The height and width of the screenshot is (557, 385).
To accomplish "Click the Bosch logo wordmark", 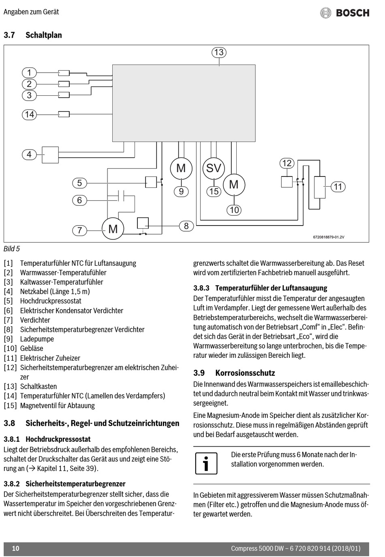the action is pos(353,13).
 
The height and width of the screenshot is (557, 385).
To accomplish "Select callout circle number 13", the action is pos(219,52).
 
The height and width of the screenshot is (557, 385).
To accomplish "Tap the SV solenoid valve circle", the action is pos(214,168).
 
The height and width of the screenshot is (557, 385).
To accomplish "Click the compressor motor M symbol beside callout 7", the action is pos(113,228).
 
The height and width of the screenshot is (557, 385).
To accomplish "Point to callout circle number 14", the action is pos(29,114).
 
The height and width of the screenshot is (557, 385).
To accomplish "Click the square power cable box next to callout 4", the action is pos(50,155).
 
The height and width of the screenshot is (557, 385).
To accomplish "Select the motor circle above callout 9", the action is pos(181,168).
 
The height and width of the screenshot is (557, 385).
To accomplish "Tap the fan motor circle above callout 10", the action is pos(234,185).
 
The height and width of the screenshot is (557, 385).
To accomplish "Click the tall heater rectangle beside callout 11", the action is pos(320,187).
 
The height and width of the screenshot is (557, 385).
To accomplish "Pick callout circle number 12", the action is pos(287,163).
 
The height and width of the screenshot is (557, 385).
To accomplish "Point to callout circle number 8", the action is pos(186,226).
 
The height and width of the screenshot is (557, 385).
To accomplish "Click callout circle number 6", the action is pos(79,200).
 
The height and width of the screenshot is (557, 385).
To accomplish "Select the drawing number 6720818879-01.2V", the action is pos(329,237).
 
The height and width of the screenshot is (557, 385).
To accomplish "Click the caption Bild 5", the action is pos(11,249).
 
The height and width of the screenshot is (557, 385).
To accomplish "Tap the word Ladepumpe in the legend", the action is pos(37,339).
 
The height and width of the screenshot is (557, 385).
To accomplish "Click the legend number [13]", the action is pos(10,387).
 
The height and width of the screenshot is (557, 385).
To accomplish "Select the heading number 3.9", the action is pos(199,373).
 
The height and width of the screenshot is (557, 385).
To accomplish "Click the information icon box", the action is pos(206,464).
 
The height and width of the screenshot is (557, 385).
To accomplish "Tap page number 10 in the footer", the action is pos(16,548).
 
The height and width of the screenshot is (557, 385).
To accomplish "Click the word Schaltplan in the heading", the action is pos(44,35).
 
